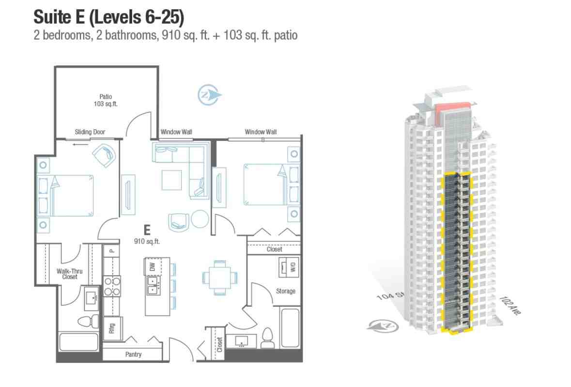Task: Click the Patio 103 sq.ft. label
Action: (106, 100)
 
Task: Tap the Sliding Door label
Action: (90, 132)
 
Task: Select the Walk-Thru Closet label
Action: (70, 274)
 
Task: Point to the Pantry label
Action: (133, 354)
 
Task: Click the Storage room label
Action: (286, 291)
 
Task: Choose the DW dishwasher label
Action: (153, 267)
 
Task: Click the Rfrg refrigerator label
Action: (112, 328)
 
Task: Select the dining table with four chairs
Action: (219, 278)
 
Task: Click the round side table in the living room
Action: (200, 219)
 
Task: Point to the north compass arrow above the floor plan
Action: (209, 95)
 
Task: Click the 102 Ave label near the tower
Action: (510, 305)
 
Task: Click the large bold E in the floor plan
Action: (147, 230)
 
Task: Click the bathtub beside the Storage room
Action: (290, 328)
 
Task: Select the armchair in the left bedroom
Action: (105, 155)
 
